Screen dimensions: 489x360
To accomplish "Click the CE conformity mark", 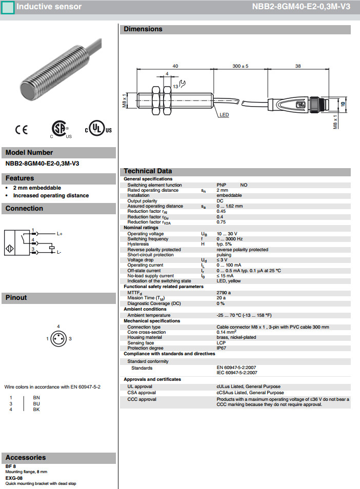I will pyautogui.click(x=22, y=130).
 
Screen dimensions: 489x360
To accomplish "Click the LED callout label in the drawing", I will pyautogui.click(x=224, y=115).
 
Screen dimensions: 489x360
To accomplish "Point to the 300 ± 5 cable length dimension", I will pyautogui.click(x=240, y=66).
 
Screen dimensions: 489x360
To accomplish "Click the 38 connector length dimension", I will pyautogui.click(x=297, y=66).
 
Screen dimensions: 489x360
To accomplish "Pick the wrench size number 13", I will pyautogui.click(x=175, y=87).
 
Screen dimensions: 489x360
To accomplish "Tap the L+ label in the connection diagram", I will pyautogui.click(x=59, y=234).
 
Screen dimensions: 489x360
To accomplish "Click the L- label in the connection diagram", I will pyautogui.click(x=59, y=252).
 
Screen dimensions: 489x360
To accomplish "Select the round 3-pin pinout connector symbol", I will pyautogui.click(x=58, y=338).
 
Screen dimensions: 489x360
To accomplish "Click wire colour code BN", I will pyautogui.click(x=36, y=397).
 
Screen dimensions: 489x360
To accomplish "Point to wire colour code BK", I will pyautogui.click(x=36, y=410).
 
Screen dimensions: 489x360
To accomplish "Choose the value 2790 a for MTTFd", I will pyautogui.click(x=224, y=292).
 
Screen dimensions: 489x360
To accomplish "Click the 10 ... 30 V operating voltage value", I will pyautogui.click(x=228, y=234).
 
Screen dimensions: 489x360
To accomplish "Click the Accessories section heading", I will pyautogui.click(x=26, y=458).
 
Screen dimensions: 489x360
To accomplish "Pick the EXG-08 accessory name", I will pyautogui.click(x=14, y=478).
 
